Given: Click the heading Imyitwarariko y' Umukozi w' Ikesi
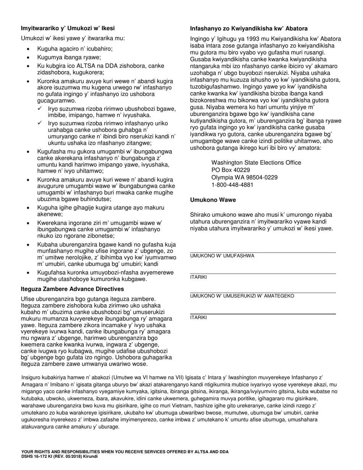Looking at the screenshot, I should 68,28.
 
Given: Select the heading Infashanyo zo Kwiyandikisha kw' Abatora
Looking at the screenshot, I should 249,29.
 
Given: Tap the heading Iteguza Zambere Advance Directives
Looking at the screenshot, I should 72,289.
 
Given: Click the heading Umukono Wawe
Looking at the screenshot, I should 213,200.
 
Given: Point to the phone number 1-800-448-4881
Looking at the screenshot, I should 232,185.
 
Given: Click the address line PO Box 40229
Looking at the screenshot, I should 230,170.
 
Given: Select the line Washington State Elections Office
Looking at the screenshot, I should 256,163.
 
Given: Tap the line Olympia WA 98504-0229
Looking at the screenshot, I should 245,178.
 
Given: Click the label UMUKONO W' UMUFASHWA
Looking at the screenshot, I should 222,256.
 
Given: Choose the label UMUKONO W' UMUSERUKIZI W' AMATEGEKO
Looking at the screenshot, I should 242,296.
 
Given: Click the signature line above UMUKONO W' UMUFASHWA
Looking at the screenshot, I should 263,252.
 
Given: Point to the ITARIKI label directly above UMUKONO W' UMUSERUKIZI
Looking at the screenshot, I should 198,277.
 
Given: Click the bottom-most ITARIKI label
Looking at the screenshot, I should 198,318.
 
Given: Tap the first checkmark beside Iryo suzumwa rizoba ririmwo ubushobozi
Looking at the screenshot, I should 40,109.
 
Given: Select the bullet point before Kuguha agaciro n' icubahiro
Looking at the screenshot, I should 29,49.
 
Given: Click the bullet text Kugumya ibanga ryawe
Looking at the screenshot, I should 69,57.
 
